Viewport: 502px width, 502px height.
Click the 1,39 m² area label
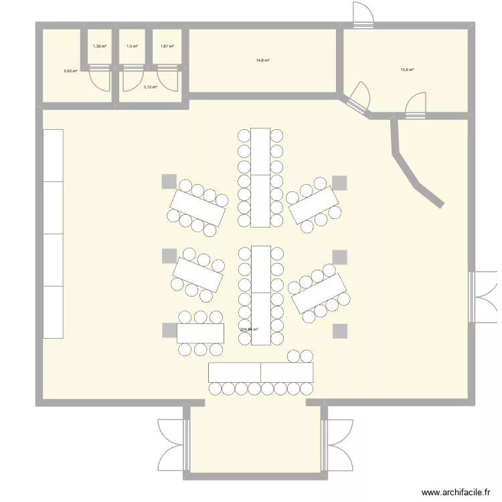click(99, 46)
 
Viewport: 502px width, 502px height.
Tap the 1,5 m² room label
click(132, 46)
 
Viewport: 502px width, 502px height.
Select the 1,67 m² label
click(167, 46)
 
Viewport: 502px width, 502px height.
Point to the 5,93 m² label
click(70, 70)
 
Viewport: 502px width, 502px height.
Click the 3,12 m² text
click(150, 86)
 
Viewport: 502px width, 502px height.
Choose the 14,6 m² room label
click(262, 60)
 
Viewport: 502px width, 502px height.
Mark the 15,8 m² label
click(407, 70)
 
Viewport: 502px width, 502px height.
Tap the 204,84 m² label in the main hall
click(249, 329)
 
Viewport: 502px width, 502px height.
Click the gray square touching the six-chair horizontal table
click(169, 330)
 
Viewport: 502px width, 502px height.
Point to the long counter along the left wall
click(53, 234)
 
